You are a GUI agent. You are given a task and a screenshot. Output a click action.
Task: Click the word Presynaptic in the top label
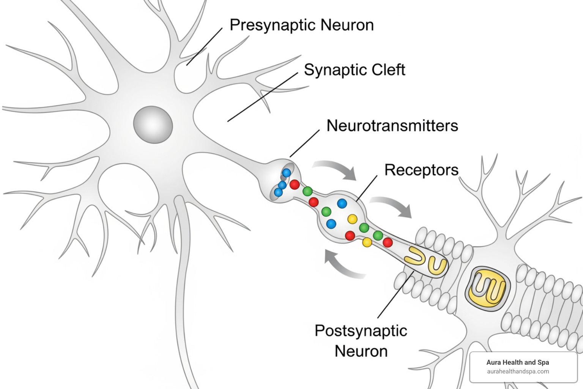coord(273,25)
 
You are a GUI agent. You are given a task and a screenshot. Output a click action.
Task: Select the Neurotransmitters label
coord(392,126)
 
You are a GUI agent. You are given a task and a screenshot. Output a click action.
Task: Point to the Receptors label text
coord(421,170)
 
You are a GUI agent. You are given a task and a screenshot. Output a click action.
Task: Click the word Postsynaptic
coord(361,331)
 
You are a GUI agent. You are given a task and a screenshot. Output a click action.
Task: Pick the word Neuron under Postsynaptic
coord(361,351)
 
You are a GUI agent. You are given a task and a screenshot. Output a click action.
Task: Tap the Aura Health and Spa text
coord(517,362)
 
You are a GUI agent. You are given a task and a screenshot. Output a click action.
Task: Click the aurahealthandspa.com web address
coord(518,372)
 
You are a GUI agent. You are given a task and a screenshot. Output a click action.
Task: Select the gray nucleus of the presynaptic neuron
coord(153,125)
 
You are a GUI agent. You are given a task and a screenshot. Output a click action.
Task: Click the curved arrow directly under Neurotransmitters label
coord(336,169)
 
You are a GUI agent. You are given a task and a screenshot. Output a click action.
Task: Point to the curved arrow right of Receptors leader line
coord(392,206)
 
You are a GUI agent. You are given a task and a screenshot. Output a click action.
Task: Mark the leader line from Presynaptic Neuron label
coord(204,47)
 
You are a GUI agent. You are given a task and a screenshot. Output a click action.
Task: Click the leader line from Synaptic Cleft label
coord(262,97)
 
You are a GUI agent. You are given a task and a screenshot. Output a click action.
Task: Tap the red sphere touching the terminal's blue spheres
coord(295,185)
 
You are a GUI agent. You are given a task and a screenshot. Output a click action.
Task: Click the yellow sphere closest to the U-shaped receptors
coord(367,242)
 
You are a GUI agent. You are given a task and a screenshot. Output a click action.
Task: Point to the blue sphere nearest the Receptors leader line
coord(342,203)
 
